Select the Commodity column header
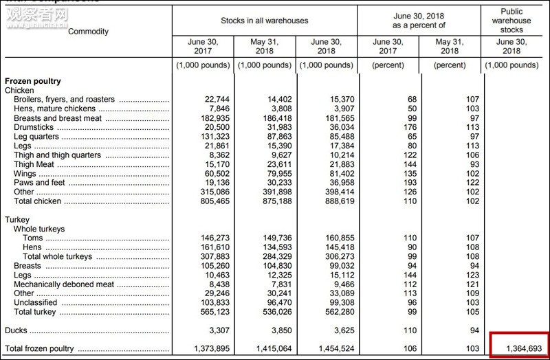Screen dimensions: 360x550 click(x=89, y=32)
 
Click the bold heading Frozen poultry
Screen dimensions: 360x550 click(x=33, y=81)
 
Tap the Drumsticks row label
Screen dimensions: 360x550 click(x=35, y=127)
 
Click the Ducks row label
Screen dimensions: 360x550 click(x=16, y=331)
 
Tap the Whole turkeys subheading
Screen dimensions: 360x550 click(x=39, y=229)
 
